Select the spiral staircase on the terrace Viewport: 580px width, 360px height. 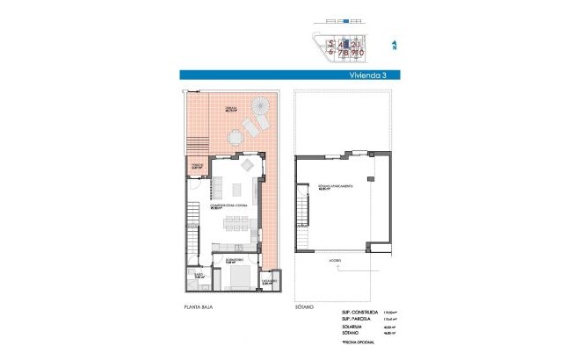pos(260,108)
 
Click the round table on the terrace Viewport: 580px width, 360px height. pos(235,137)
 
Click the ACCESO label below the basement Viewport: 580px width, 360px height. pos(337,261)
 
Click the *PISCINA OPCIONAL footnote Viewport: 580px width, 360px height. pos(360,345)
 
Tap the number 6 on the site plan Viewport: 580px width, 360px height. pos(331,52)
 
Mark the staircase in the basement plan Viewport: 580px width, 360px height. pos(304,215)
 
